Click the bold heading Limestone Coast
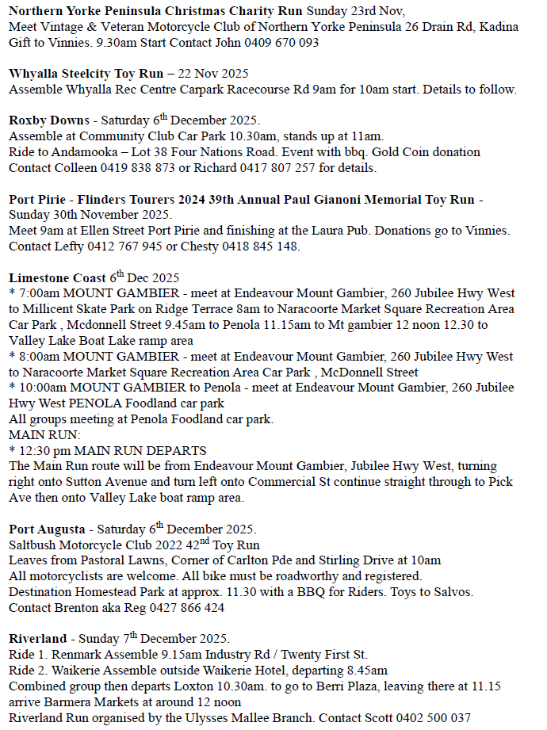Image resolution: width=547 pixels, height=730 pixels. [57, 277]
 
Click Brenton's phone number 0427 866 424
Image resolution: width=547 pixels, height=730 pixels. [178, 608]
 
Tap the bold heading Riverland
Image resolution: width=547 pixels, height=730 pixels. [38, 639]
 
